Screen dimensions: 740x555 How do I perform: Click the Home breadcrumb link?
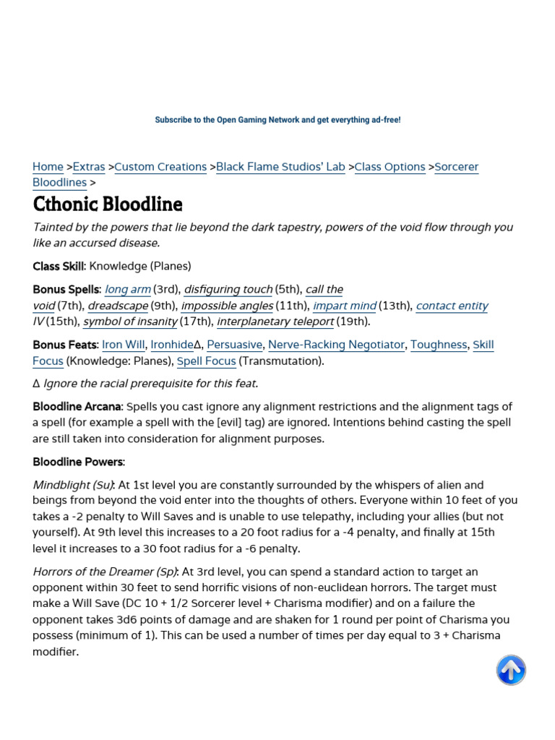click(x=48, y=167)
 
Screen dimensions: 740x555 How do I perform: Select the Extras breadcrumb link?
click(x=89, y=167)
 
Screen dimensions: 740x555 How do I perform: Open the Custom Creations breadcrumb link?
click(x=160, y=167)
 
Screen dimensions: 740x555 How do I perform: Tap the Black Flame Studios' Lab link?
click(x=280, y=167)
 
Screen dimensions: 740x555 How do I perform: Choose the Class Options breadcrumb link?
click(x=390, y=167)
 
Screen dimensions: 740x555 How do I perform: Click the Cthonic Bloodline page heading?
click(x=108, y=204)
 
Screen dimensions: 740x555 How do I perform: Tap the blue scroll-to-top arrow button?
click(x=511, y=670)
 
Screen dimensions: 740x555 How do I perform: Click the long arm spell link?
click(x=128, y=290)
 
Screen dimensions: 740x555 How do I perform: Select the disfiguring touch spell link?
click(x=228, y=290)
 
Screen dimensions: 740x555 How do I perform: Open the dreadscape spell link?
click(x=118, y=306)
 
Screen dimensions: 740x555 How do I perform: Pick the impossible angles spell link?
click(x=227, y=306)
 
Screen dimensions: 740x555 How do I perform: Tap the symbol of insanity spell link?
click(x=130, y=322)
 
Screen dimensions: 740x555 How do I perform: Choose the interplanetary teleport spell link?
click(x=275, y=322)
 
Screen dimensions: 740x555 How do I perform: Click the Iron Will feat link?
click(x=123, y=345)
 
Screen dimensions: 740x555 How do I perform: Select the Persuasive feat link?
click(x=235, y=345)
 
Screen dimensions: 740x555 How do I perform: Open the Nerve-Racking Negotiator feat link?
click(x=336, y=345)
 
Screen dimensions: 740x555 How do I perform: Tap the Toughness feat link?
click(x=439, y=345)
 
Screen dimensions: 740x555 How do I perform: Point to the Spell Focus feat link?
click(x=207, y=361)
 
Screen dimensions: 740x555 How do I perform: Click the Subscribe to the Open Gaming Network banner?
click(x=277, y=120)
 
